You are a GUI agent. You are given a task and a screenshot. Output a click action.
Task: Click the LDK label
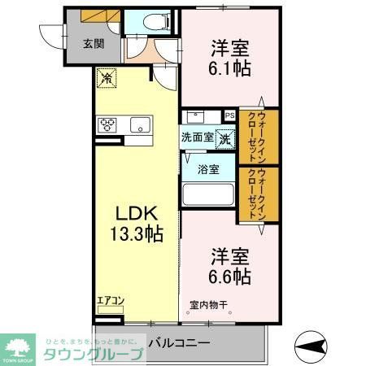pos(133,216)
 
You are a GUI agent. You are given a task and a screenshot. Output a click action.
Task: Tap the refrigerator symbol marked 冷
pos(106,79)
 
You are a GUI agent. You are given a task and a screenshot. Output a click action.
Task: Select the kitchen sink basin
pos(139,124)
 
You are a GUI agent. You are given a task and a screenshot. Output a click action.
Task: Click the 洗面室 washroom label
pos(198,137)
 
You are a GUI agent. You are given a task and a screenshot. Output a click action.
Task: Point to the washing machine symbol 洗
pos(224,137)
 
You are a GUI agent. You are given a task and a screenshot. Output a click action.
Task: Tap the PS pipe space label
pos(229,115)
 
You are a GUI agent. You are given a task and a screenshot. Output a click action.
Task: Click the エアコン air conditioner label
pos(110,301)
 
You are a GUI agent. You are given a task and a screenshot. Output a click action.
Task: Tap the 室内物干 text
pos(209,306)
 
